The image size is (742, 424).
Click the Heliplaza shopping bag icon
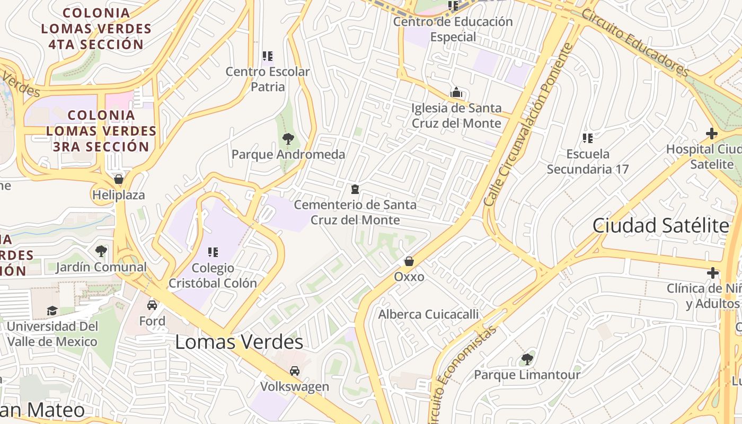(x=119, y=179)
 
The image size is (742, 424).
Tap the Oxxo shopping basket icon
(x=409, y=261)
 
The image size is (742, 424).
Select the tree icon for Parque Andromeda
(x=288, y=139)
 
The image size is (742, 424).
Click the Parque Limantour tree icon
(x=527, y=359)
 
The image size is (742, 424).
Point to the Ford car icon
(x=152, y=305)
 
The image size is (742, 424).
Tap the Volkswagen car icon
(x=295, y=371)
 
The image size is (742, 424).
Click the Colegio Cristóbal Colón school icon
(x=213, y=252)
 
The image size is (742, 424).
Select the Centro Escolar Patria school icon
(x=268, y=56)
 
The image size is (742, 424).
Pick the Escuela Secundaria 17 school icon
(x=588, y=138)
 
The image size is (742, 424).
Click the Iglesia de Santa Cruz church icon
(x=456, y=93)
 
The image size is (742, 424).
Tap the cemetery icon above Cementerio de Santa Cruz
(x=355, y=189)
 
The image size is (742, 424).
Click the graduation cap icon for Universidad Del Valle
(x=52, y=311)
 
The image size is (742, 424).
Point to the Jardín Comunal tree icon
(x=101, y=251)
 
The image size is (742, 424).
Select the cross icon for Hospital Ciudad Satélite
(x=712, y=134)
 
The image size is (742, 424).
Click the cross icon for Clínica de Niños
(x=713, y=273)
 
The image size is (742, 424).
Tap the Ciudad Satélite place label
(x=660, y=226)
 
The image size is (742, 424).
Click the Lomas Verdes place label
(x=239, y=342)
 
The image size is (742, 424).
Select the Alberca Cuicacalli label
(x=428, y=314)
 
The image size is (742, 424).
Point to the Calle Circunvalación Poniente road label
(x=528, y=125)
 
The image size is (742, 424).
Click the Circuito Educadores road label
(x=634, y=43)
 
